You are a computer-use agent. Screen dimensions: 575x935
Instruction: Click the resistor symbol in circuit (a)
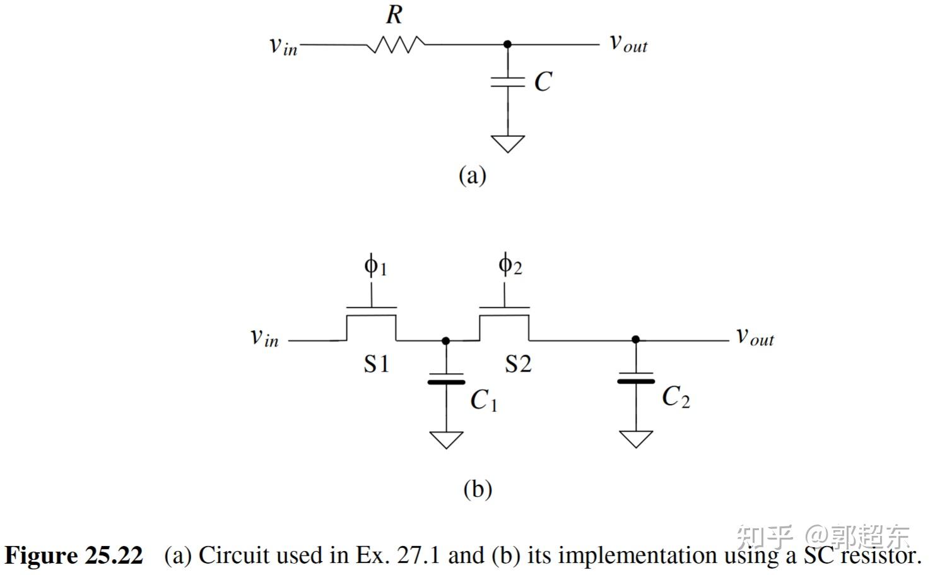396,45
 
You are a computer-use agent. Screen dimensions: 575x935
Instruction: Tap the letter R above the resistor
394,14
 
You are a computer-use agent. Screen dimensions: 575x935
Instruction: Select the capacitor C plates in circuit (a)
508,82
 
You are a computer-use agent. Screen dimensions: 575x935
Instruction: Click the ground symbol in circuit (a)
508,143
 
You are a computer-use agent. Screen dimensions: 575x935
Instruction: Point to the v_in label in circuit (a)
283,45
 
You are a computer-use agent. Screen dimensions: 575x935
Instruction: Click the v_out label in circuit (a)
628,43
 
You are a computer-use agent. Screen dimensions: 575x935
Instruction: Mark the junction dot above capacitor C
508,44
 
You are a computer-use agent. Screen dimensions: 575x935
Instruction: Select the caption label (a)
472,175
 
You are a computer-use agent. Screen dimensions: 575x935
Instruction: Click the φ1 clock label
375,266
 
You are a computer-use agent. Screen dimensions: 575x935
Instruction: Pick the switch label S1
377,364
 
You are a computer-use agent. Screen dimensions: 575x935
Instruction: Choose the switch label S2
518,364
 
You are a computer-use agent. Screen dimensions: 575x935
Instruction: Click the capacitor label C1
484,400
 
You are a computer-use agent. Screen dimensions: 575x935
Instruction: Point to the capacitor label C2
676,397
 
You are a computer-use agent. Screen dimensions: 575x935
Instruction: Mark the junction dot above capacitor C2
635,340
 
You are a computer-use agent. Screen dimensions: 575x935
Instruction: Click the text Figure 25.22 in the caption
74,555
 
